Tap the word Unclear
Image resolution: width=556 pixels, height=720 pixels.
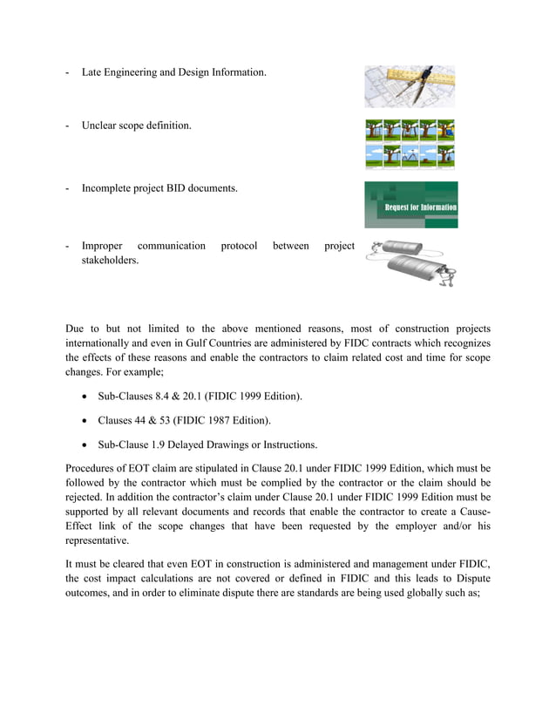[101, 126]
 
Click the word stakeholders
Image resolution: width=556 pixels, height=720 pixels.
[110, 260]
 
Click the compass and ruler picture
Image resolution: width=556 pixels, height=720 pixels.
[410, 85]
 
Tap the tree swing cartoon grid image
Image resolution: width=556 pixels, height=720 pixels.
[410, 144]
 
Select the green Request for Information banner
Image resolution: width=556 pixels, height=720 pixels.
[410, 205]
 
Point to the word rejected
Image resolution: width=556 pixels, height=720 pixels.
[90, 497]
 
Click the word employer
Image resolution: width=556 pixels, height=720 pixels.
[410, 525]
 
